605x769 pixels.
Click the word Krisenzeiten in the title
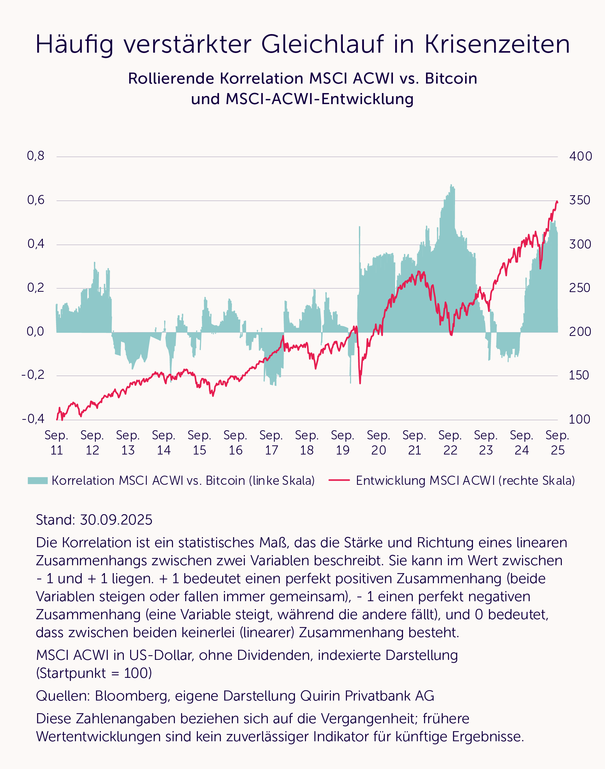point(497,44)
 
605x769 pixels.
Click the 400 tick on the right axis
point(580,156)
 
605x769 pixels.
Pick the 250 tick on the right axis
point(580,288)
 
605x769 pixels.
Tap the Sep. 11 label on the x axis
point(57,443)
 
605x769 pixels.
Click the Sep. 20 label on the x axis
point(378,443)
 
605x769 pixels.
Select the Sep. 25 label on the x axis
point(557,443)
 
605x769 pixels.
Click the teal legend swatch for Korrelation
point(37,480)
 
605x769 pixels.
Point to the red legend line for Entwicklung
point(339,480)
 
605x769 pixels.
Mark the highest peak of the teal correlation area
point(451,185)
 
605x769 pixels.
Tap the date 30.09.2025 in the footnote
point(116,520)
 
